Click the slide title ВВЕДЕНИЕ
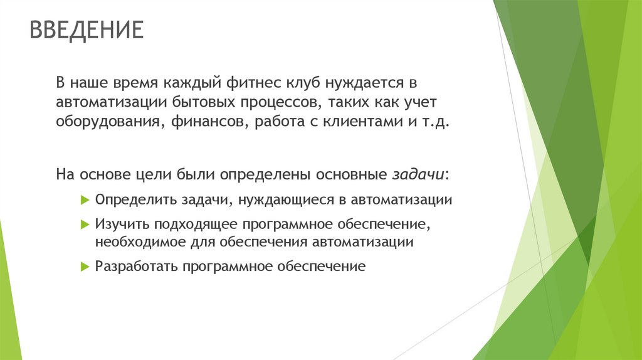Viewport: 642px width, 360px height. [x=87, y=29]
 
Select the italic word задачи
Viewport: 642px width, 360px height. [x=419, y=174]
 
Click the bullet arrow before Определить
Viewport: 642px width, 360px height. [x=86, y=200]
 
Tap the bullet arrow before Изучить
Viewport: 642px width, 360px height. [x=86, y=224]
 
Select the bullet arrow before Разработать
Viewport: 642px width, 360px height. [x=86, y=267]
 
